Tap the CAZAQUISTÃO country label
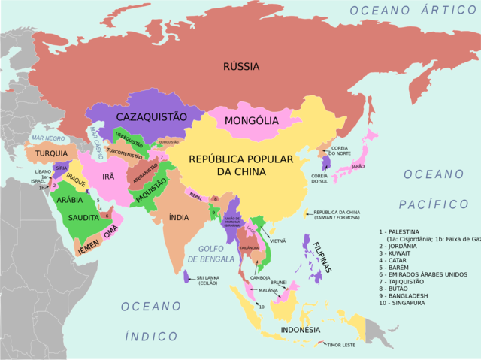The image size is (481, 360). pyautogui.click(x=150, y=117)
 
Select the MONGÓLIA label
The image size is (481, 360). pyautogui.click(x=251, y=120)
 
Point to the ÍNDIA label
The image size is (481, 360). pyautogui.click(x=179, y=217)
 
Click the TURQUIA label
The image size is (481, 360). pyautogui.click(x=51, y=153)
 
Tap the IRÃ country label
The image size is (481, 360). pyautogui.click(x=108, y=176)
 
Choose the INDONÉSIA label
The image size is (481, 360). pyautogui.click(x=300, y=330)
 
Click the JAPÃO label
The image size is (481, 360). pyautogui.click(x=358, y=166)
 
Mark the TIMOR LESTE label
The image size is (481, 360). pyautogui.click(x=340, y=345)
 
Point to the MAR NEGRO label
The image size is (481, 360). pyautogui.click(x=48, y=138)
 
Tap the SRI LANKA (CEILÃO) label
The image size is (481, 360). pyautogui.click(x=213, y=280)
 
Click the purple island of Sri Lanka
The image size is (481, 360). pyautogui.click(x=186, y=276)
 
